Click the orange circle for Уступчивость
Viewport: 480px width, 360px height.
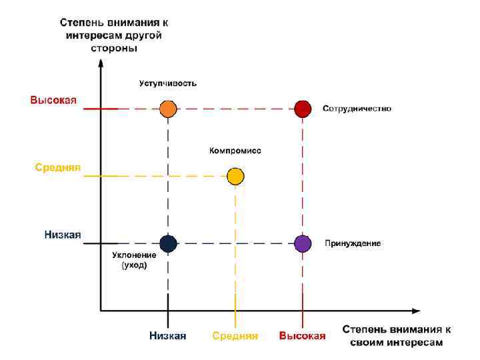[168, 109]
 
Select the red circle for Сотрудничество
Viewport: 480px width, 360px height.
[303, 109]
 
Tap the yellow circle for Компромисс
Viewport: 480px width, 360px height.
[235, 176]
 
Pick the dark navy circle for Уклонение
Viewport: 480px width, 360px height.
[168, 244]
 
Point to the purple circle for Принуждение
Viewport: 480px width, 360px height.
[303, 244]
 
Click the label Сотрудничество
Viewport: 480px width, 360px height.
[357, 108]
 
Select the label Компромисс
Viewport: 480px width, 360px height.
[235, 151]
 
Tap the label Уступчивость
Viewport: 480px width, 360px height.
[168, 83]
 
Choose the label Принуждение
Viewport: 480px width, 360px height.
[353, 243]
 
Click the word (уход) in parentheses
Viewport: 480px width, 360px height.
[134, 265]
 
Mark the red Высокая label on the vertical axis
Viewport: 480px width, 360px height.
[53, 101]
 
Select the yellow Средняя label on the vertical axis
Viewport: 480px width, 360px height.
[58, 168]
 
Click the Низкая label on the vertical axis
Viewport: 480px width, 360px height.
[63, 235]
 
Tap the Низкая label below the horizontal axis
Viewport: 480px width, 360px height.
[167, 336]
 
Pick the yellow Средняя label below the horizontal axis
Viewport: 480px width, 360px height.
[235, 336]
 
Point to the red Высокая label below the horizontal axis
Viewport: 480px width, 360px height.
[303, 336]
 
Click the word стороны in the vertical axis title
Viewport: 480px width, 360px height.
[114, 48]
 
